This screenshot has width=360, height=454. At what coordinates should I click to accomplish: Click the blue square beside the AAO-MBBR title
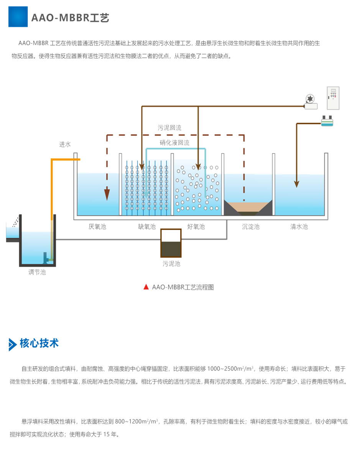pyautogui.click(x=18, y=17)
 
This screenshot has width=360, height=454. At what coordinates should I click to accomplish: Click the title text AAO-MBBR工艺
pyautogui.click(x=71, y=18)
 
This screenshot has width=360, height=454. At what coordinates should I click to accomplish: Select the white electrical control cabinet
pyautogui.click(x=333, y=98)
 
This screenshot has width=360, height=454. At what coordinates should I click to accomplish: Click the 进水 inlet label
pyautogui.click(x=64, y=144)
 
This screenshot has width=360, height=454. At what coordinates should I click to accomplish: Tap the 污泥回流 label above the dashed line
pyautogui.click(x=169, y=127)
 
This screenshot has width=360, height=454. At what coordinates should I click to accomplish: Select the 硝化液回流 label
pyautogui.click(x=174, y=143)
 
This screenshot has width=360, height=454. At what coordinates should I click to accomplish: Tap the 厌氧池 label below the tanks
pyautogui.click(x=97, y=227)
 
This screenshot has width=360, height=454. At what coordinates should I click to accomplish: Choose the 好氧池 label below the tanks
pyautogui.click(x=196, y=227)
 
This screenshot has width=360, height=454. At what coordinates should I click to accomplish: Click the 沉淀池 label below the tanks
pyautogui.click(x=251, y=227)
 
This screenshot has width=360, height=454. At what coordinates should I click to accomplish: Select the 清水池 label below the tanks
pyautogui.click(x=299, y=227)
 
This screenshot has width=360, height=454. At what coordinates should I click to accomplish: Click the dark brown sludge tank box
pyautogui.click(x=171, y=244)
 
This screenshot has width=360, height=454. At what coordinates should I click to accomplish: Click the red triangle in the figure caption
pyautogui.click(x=146, y=287)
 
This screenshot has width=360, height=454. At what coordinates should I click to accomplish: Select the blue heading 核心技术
pyautogui.click(x=39, y=343)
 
